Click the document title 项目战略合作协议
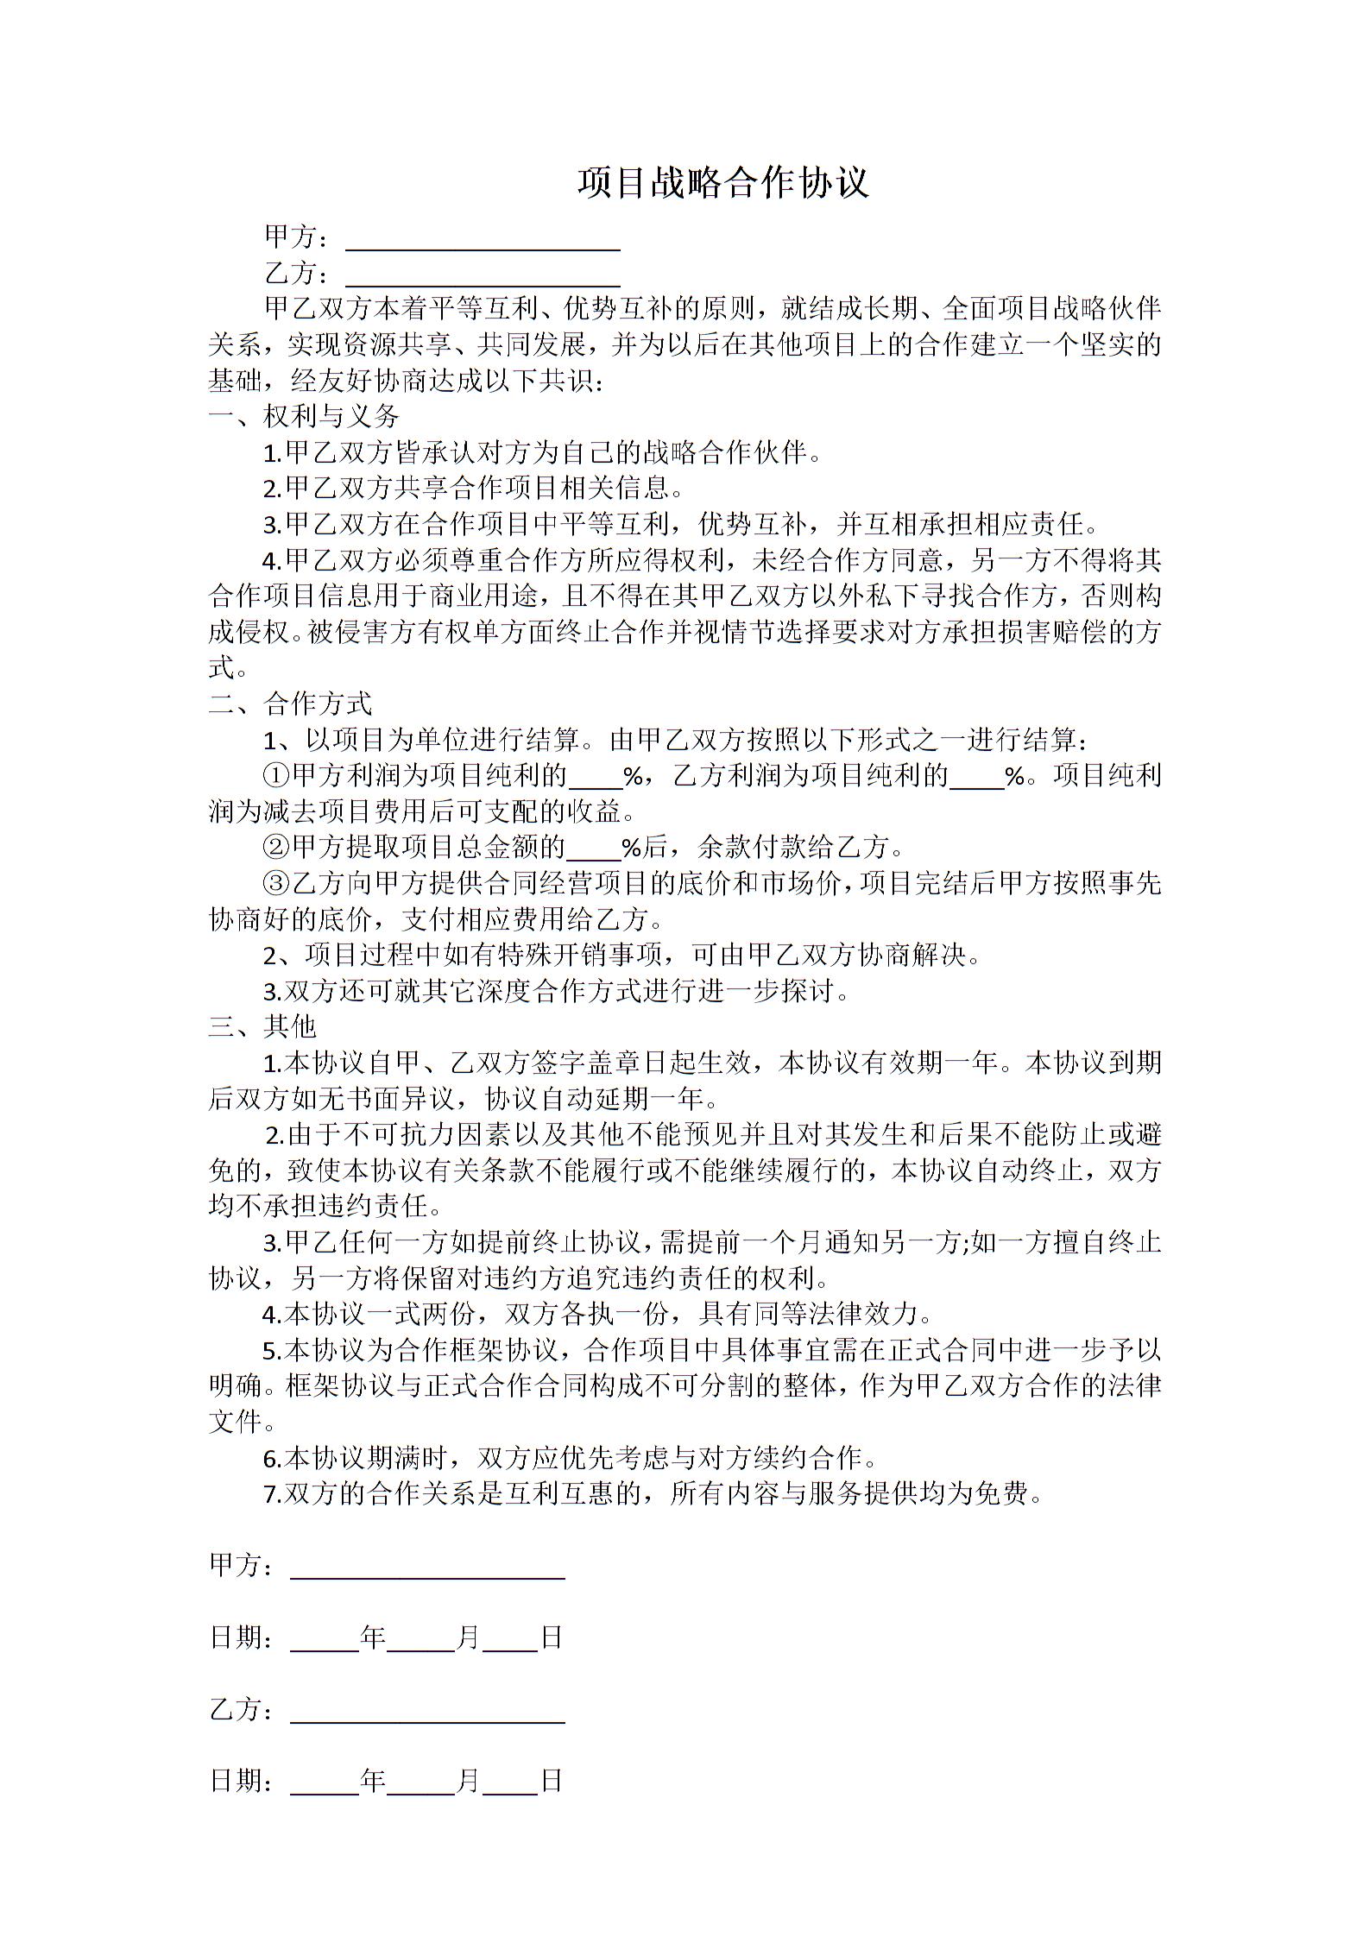click(x=723, y=183)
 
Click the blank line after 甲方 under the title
click(x=483, y=242)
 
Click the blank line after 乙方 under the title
click(x=483, y=278)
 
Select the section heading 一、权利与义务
click(x=304, y=417)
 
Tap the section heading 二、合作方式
click(x=290, y=704)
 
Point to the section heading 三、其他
click(x=262, y=1026)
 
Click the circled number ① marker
click(x=277, y=775)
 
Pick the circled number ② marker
click(x=277, y=847)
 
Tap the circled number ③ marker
click(x=277, y=883)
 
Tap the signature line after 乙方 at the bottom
click(x=427, y=1714)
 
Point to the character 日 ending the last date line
click(x=552, y=1781)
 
